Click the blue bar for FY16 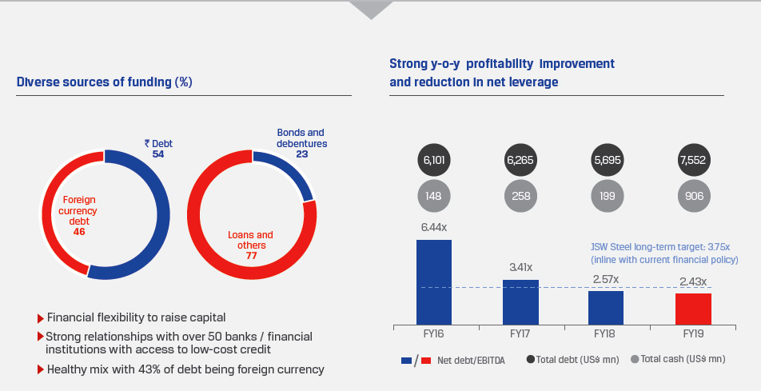point(434,282)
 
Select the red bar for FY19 point(693,309)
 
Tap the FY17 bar point(520,302)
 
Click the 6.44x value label point(434,228)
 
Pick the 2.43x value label point(693,281)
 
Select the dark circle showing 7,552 point(693,160)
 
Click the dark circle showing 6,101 point(434,160)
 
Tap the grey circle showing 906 point(693,194)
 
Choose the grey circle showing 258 point(520,194)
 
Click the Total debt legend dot point(532,360)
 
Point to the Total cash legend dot point(635,360)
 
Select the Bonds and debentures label point(301,138)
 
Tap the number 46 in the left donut point(78,231)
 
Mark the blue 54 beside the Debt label point(158,154)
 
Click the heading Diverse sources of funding point(104,82)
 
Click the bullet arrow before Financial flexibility point(41,317)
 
